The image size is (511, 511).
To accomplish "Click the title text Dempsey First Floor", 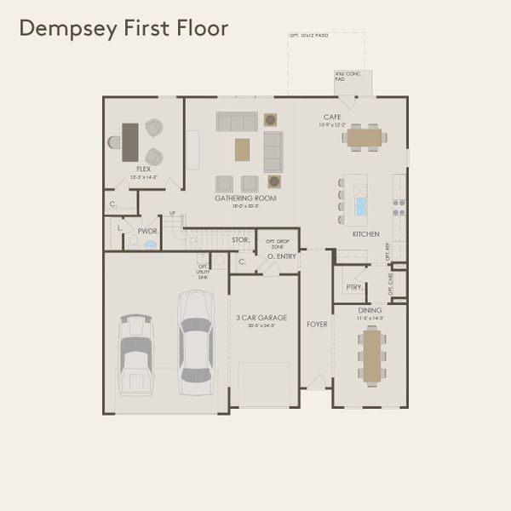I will tap(123, 28).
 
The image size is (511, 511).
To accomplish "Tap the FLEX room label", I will tap(144, 169).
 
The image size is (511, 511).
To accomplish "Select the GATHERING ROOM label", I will tap(245, 198).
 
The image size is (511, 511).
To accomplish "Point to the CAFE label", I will tap(332, 117).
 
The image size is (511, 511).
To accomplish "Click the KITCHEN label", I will tap(366, 233).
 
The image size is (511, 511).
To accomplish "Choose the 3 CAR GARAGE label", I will tap(261, 318).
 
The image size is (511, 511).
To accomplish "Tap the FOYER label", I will tap(317, 324).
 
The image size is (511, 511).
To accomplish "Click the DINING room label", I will tap(370, 311).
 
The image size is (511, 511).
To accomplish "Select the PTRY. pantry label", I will tap(354, 287).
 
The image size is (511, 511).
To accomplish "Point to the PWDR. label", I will tap(149, 231).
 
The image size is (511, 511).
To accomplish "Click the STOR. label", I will tap(241, 240).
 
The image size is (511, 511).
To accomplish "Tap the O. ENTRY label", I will tap(280, 255).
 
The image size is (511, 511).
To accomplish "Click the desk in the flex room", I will tap(129, 142).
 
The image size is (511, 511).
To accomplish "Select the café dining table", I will tap(365, 136).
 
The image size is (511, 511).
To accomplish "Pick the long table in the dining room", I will tap(370, 353).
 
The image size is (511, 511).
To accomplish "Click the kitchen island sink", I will tap(361, 205).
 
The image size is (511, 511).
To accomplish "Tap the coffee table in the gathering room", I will tap(243, 149).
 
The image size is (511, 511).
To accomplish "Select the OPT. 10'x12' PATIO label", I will tap(308, 36).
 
